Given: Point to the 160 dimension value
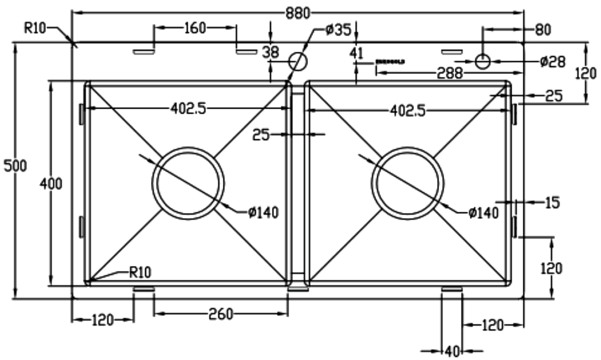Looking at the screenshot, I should [195, 28].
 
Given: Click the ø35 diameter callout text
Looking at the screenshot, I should [338, 30].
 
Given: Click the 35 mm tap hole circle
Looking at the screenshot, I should [297, 61].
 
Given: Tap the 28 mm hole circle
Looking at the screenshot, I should [482, 61].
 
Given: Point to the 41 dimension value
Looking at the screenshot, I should [357, 53].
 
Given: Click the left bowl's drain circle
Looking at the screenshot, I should [188, 183].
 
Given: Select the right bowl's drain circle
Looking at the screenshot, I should [407, 183].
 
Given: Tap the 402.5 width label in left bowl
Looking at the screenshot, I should [188, 109].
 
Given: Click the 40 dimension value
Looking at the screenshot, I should [452, 351].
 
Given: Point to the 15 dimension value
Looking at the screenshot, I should [552, 202].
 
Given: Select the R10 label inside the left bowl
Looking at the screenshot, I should [140, 272].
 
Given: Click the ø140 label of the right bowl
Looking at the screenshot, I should [483, 213].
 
